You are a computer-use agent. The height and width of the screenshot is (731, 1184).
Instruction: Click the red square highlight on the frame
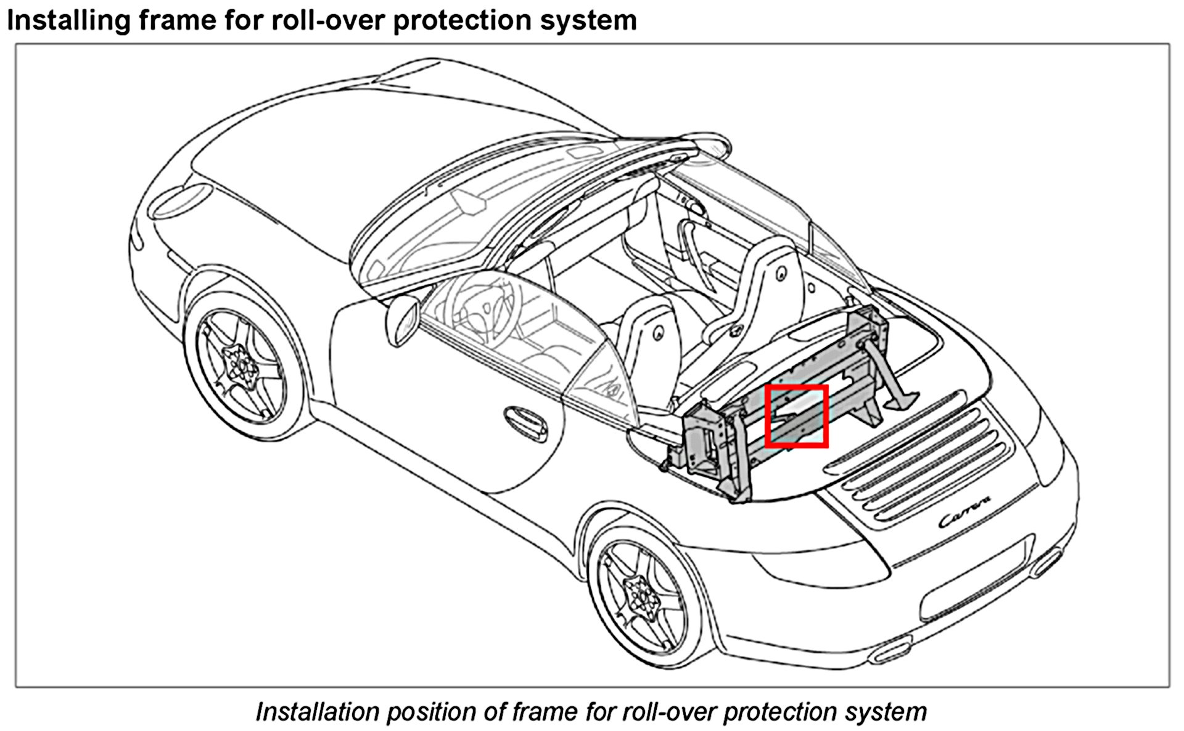pos(795,416)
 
